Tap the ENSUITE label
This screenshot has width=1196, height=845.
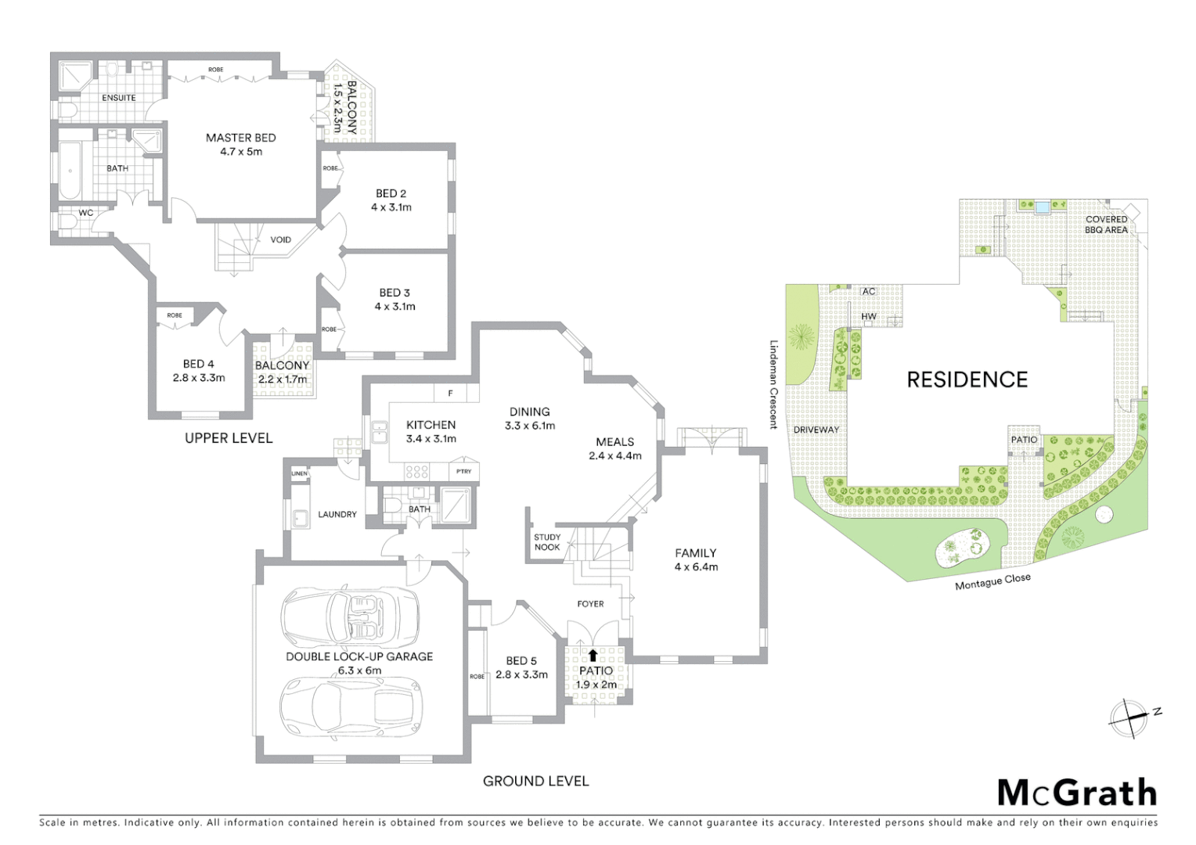[x=118, y=98]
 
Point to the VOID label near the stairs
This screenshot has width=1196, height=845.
[x=280, y=240]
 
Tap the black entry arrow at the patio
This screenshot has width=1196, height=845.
[x=593, y=656]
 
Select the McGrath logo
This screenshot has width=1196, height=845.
[x=1076, y=793]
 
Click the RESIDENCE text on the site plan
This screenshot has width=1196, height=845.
[x=967, y=380]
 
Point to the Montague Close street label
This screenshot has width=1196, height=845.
[x=992, y=582]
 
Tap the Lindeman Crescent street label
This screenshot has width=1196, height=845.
[x=773, y=384]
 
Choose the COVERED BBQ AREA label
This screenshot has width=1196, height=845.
[x=1106, y=225]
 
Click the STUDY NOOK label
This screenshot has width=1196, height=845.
[x=547, y=542]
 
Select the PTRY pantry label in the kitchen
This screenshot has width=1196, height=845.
[x=463, y=472]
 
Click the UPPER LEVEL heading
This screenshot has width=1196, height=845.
[x=229, y=438]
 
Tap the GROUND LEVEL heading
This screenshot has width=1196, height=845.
[x=535, y=781]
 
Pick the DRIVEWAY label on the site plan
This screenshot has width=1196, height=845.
[x=816, y=430]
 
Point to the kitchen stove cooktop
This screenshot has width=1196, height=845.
[x=416, y=471]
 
